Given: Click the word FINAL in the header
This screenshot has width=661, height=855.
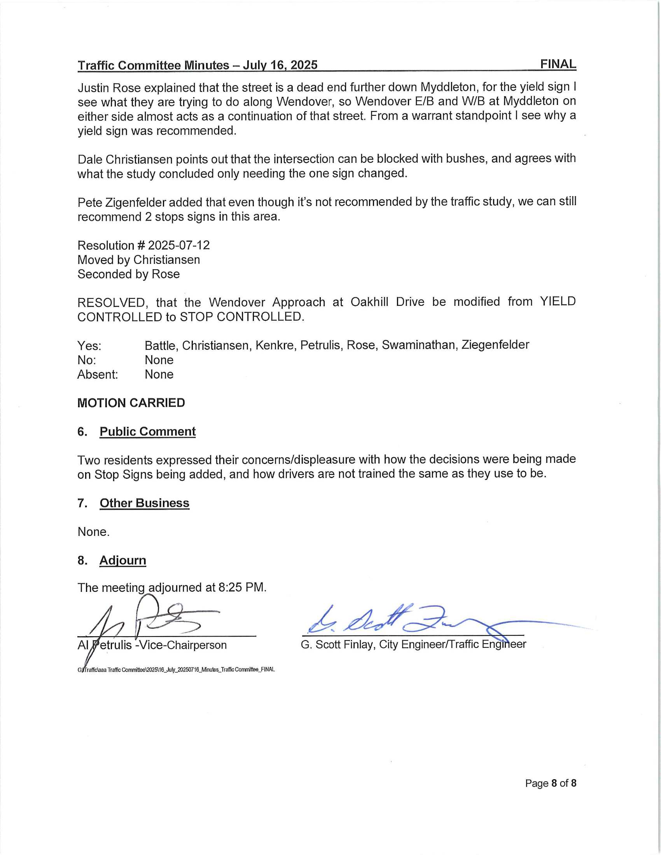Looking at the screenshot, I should coord(558,64).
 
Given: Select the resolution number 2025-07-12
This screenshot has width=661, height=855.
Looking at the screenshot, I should coord(178,246).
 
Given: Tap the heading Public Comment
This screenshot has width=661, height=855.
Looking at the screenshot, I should coord(147,431).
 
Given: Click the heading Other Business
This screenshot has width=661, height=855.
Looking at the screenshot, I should coord(144,503).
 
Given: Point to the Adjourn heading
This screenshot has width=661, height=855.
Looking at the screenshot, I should coord(122,560).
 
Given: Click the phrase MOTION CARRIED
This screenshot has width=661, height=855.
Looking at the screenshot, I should coord(131,403).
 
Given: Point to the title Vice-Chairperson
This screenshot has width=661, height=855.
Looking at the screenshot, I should coord(182,645).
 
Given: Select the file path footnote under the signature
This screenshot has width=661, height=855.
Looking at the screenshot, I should coord(176,670).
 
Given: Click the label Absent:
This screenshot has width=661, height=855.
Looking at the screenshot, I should coord(97,375).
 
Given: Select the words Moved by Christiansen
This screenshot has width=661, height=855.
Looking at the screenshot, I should coord(139,260).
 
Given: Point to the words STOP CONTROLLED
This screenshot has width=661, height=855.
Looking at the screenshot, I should coord(241,317).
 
